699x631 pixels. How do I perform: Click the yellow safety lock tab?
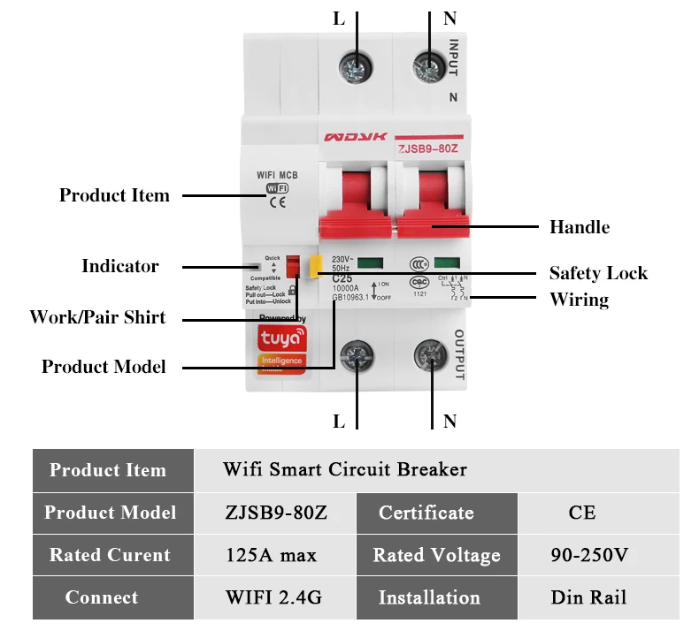[x=314, y=267]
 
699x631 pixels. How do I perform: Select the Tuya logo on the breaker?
[x=280, y=337]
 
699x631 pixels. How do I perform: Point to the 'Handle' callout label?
[x=580, y=227]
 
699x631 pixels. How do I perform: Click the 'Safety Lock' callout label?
[x=598, y=273]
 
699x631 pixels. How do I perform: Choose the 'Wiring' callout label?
[x=580, y=300]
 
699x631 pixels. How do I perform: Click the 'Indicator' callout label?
[x=120, y=266]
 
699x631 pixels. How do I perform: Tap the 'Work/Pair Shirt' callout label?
[x=97, y=317]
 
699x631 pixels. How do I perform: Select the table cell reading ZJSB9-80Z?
[x=275, y=513]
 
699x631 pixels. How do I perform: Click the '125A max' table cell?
[x=272, y=555]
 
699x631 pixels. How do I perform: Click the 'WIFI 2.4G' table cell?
[x=273, y=597]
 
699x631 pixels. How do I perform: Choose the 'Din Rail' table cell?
[x=588, y=597]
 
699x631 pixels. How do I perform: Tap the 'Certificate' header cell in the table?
[x=426, y=513]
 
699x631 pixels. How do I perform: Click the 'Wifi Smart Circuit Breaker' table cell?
[x=344, y=469]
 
